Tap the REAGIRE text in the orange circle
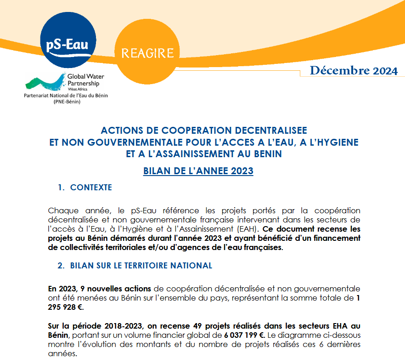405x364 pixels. (147, 53)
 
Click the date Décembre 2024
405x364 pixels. (354, 71)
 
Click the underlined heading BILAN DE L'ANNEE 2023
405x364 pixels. (198, 171)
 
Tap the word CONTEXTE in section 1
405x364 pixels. (91, 188)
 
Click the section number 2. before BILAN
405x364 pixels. (61, 266)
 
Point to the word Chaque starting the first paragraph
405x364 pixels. (63, 210)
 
